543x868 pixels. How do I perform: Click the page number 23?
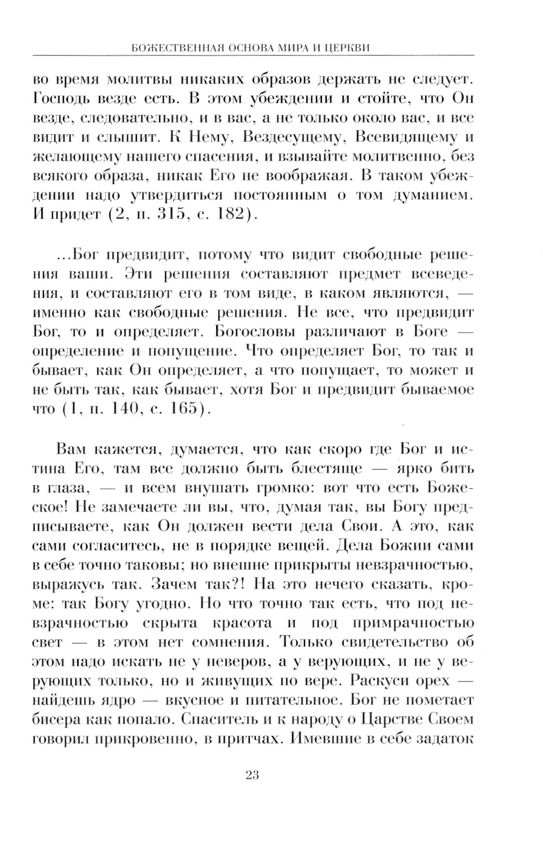(x=252, y=775)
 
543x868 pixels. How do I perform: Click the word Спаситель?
(x=217, y=719)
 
